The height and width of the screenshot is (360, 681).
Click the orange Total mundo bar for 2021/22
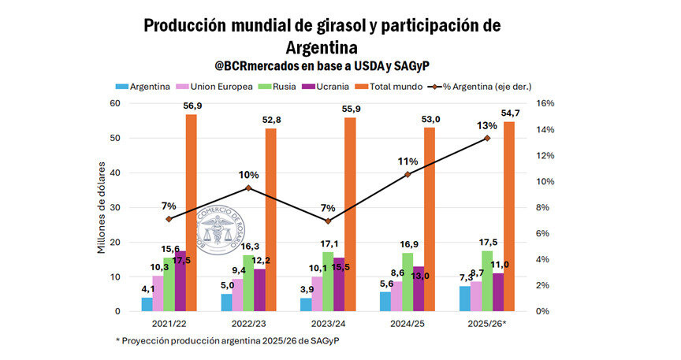192,213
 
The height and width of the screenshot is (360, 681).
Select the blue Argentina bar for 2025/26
465,299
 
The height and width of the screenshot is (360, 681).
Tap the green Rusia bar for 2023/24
327,281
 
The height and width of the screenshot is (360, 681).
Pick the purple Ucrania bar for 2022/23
259,290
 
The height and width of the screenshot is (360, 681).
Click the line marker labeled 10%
248,187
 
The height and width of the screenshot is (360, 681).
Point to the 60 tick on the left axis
114,103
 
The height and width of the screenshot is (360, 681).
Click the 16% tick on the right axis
545,103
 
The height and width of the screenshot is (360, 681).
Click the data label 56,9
192,106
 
